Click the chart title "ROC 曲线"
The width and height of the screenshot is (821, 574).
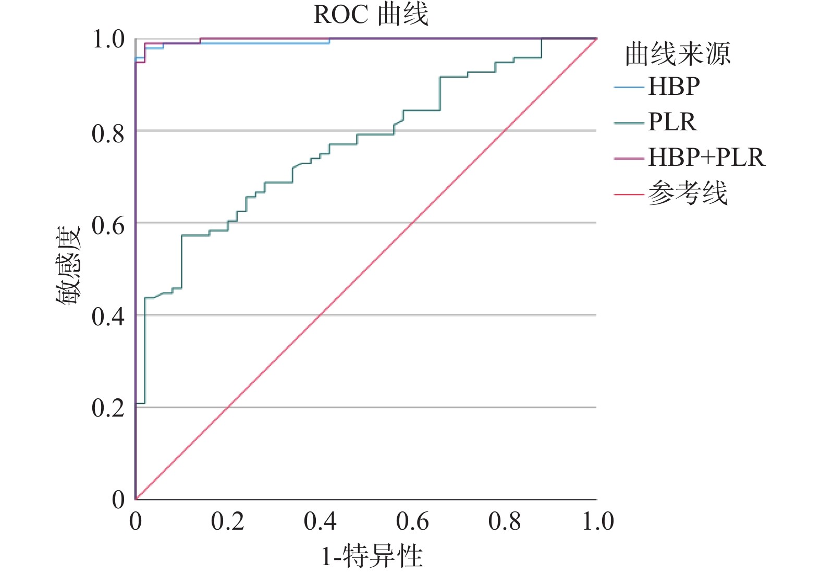(371, 14)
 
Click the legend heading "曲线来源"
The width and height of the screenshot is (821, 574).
(678, 54)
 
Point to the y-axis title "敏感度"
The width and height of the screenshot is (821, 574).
(68, 266)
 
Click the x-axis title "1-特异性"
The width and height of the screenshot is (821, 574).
(371, 556)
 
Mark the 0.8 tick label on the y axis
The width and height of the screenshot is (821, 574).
(108, 134)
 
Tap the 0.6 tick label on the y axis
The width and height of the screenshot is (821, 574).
(108, 226)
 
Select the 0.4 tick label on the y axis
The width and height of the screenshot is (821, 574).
(108, 317)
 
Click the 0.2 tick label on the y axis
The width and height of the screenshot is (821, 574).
(108, 408)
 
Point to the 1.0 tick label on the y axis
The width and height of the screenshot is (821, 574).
(108, 40)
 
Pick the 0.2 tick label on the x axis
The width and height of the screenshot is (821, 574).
(228, 521)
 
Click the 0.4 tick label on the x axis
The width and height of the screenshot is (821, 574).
(320, 521)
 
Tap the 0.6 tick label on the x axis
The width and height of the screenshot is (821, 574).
(412, 521)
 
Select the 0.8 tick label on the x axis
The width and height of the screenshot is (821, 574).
(505, 521)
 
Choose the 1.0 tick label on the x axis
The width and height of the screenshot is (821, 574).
(598, 521)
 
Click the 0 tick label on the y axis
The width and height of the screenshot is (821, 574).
(118, 499)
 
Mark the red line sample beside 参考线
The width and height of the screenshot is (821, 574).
(629, 194)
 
